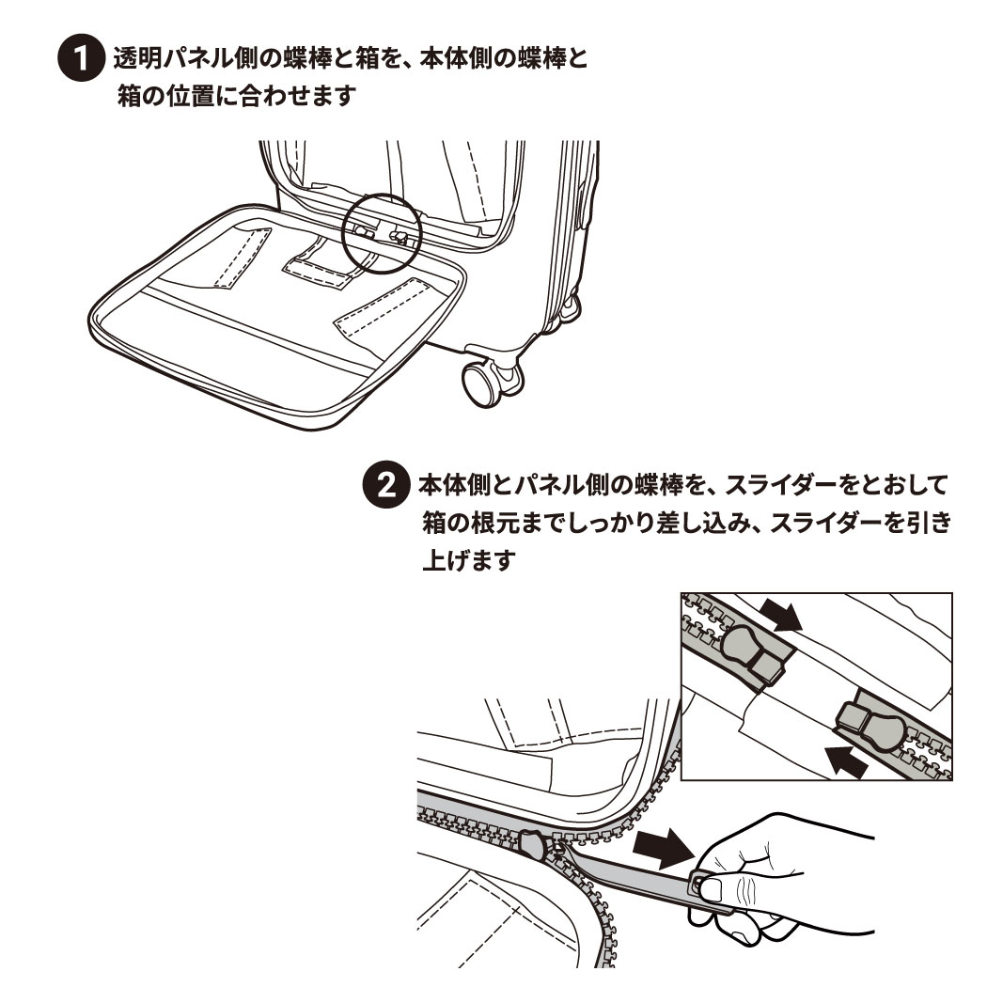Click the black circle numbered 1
81,58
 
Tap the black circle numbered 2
385,485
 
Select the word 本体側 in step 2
453,485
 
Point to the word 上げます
470,559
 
